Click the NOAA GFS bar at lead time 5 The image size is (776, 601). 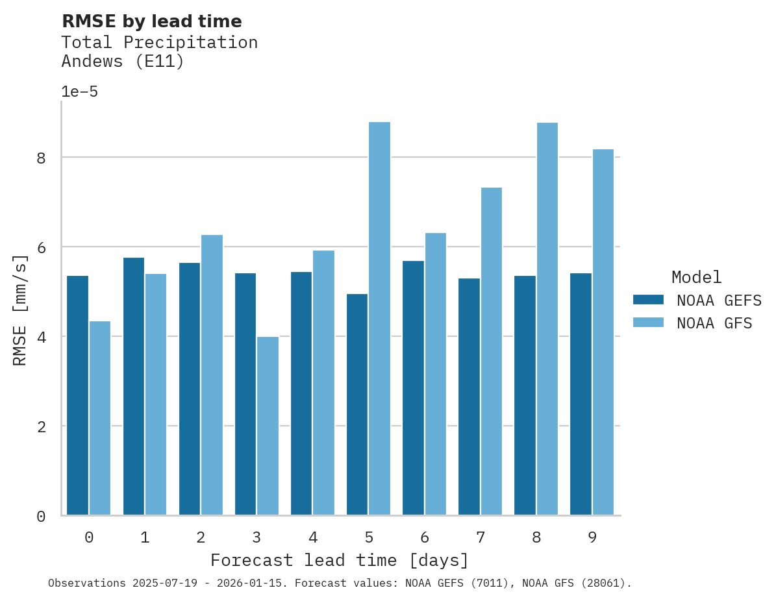pos(379,318)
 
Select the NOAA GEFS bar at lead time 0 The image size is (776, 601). pos(77,395)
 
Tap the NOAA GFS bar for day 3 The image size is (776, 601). pos(268,426)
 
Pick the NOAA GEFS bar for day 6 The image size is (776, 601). pos(413,387)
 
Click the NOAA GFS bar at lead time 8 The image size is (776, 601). pos(547,318)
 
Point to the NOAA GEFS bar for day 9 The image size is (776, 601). pos(581,394)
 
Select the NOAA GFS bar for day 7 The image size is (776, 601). pos(491,351)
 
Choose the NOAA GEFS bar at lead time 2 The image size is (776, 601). pos(189,389)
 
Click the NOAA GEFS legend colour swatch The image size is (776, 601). pos(648,300)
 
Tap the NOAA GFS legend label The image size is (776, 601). pos(714,323)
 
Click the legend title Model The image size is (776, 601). pos(696,278)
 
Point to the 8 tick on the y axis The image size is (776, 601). pos(41,158)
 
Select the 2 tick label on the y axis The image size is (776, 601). pos(41,426)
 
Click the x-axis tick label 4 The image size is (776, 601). pos(312,537)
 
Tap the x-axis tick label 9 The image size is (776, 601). pos(592,537)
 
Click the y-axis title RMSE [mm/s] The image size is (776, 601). pos(20,310)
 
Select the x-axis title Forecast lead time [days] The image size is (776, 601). pos(339,560)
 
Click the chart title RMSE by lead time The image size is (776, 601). pos(151,21)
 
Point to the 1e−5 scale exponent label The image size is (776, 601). pos(79,92)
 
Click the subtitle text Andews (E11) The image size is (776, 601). pos(123,62)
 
